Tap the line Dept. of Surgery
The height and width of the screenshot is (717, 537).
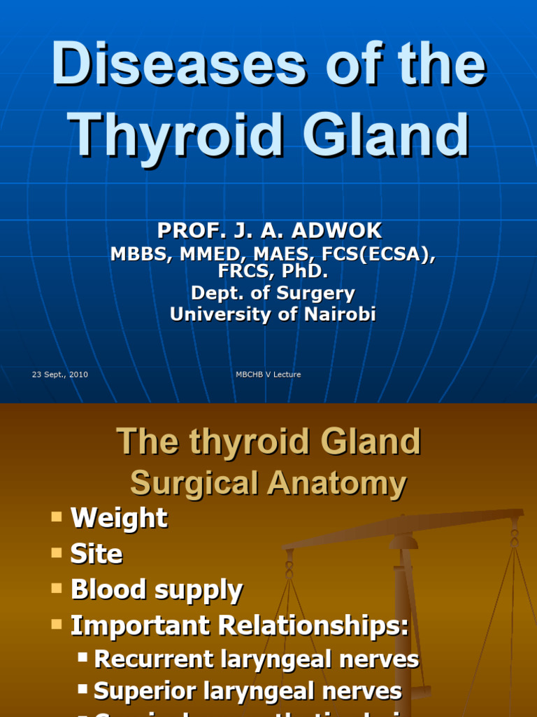(x=273, y=293)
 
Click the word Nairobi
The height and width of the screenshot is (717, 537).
(x=338, y=314)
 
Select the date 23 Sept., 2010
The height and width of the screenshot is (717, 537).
(x=60, y=375)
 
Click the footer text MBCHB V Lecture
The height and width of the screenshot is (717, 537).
(x=268, y=375)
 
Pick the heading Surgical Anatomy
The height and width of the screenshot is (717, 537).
(x=268, y=483)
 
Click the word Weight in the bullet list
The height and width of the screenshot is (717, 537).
(x=119, y=518)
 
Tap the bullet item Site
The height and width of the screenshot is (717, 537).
(x=96, y=554)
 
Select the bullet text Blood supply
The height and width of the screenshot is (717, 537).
(x=157, y=590)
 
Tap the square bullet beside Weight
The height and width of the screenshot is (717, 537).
(x=57, y=517)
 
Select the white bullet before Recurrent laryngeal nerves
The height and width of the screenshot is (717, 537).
(x=83, y=657)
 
